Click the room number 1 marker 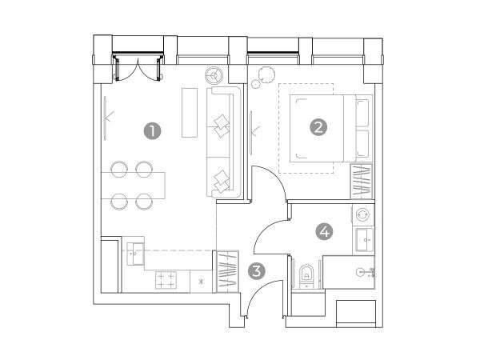tap(153, 131)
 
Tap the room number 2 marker tap(318, 127)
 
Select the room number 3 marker tap(257, 271)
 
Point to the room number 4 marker tap(324, 231)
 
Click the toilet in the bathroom tap(306, 275)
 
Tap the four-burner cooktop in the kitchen tap(166, 280)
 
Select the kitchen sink tap(135, 254)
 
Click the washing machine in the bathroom tap(363, 214)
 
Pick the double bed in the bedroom tap(331, 128)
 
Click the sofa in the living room tap(224, 142)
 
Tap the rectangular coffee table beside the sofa tap(190, 113)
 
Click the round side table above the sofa tap(214, 74)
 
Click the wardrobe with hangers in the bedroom tap(362, 182)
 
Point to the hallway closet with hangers tap(227, 271)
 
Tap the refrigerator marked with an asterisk tap(201, 282)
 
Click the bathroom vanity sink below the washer tap(364, 241)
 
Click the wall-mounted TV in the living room tap(105, 118)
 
